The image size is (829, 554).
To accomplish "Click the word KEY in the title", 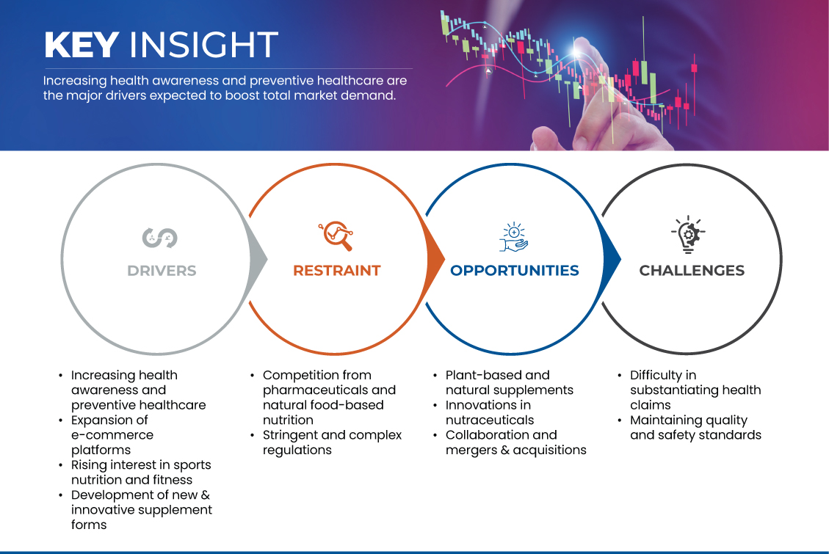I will [x=81, y=45].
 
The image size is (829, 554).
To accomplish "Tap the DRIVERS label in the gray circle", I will [x=162, y=271].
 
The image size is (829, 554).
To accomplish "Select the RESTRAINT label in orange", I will [x=337, y=271].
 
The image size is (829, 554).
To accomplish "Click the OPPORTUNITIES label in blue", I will [x=514, y=271].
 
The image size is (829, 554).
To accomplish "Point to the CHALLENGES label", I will [x=692, y=271].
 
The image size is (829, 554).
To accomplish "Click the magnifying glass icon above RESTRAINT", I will [x=336, y=236].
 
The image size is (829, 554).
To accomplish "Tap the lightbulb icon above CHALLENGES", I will [x=688, y=235].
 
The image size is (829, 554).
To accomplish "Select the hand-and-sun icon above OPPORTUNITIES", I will [x=513, y=236].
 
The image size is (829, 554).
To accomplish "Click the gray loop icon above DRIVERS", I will [x=160, y=237].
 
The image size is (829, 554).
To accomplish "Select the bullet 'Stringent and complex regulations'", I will [x=332, y=442].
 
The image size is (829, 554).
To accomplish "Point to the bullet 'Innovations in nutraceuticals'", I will [x=489, y=412].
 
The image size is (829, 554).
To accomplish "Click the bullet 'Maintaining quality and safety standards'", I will [x=695, y=428].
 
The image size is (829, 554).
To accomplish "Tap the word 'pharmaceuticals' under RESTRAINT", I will [x=329, y=390].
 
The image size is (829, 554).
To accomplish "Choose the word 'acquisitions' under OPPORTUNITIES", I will [x=550, y=450].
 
